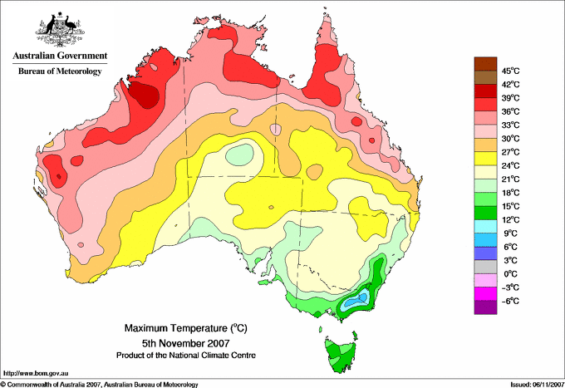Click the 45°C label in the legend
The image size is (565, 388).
pos(511,71)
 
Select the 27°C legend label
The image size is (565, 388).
pos(511,151)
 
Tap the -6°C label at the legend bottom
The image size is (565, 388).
pos(511,300)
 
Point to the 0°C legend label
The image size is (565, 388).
pos(511,273)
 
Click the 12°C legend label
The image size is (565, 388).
pos(511,219)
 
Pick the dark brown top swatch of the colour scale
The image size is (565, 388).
pos(484,63)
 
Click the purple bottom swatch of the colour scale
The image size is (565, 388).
pos(484,307)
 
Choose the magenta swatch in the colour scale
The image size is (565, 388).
pos(484,293)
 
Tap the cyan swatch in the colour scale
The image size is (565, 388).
pos(484,225)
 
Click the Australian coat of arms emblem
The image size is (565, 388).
pos(59,29)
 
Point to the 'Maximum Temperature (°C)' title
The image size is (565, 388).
pos(183,328)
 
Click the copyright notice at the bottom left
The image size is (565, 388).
pos(100,383)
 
